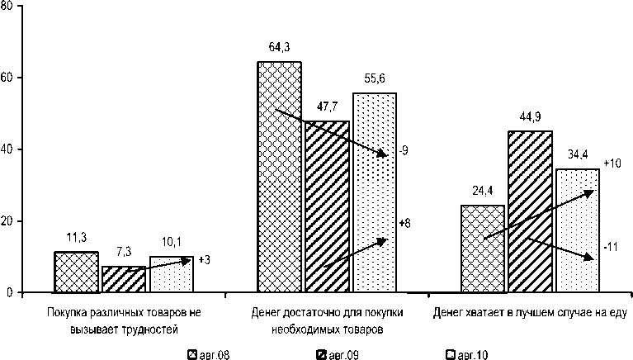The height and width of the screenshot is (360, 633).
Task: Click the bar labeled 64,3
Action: [280, 178]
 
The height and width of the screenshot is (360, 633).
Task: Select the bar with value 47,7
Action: [328, 206]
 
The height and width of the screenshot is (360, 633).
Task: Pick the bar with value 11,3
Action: [76, 272]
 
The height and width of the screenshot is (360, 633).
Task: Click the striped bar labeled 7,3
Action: [124, 280]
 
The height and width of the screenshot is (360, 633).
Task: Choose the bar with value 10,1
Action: [172, 275]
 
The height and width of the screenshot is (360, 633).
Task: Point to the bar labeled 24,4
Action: [483, 249]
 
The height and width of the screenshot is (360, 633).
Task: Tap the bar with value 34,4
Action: [577, 230]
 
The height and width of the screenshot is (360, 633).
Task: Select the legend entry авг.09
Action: [338, 355]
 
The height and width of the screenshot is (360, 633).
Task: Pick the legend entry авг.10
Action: [467, 355]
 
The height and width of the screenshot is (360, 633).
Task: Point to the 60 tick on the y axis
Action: [7, 78]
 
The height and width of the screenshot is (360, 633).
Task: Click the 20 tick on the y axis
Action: [7, 221]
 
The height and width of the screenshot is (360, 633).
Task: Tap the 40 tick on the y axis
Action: [7, 149]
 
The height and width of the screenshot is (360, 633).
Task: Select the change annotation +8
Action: [404, 224]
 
